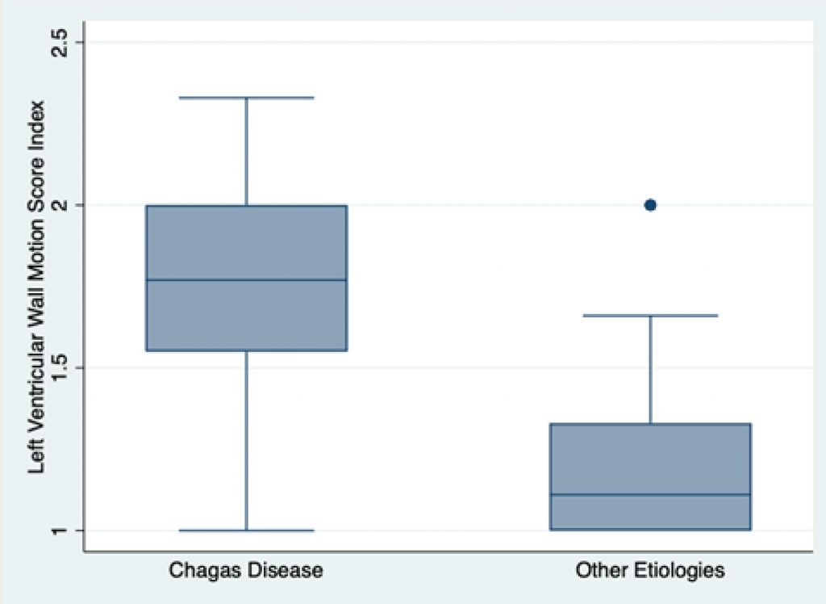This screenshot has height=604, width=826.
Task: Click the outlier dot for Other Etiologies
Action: click(x=650, y=205)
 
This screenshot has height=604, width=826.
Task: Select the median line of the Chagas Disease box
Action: click(x=246, y=280)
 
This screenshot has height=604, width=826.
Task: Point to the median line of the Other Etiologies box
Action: click(x=650, y=494)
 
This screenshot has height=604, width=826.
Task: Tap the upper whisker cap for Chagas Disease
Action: click(x=246, y=98)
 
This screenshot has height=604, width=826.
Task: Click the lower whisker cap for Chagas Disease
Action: click(x=246, y=531)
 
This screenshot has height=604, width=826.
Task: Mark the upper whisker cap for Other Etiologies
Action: click(x=650, y=315)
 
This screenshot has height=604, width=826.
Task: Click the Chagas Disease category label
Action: click(x=246, y=571)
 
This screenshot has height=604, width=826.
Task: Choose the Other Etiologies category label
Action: click(x=650, y=571)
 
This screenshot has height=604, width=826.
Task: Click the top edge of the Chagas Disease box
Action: click(x=246, y=206)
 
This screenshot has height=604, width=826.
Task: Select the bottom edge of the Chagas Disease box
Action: click(x=246, y=350)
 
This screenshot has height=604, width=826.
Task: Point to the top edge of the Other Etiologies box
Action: click(x=650, y=424)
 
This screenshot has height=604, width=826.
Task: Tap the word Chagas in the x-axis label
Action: click(x=198, y=571)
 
